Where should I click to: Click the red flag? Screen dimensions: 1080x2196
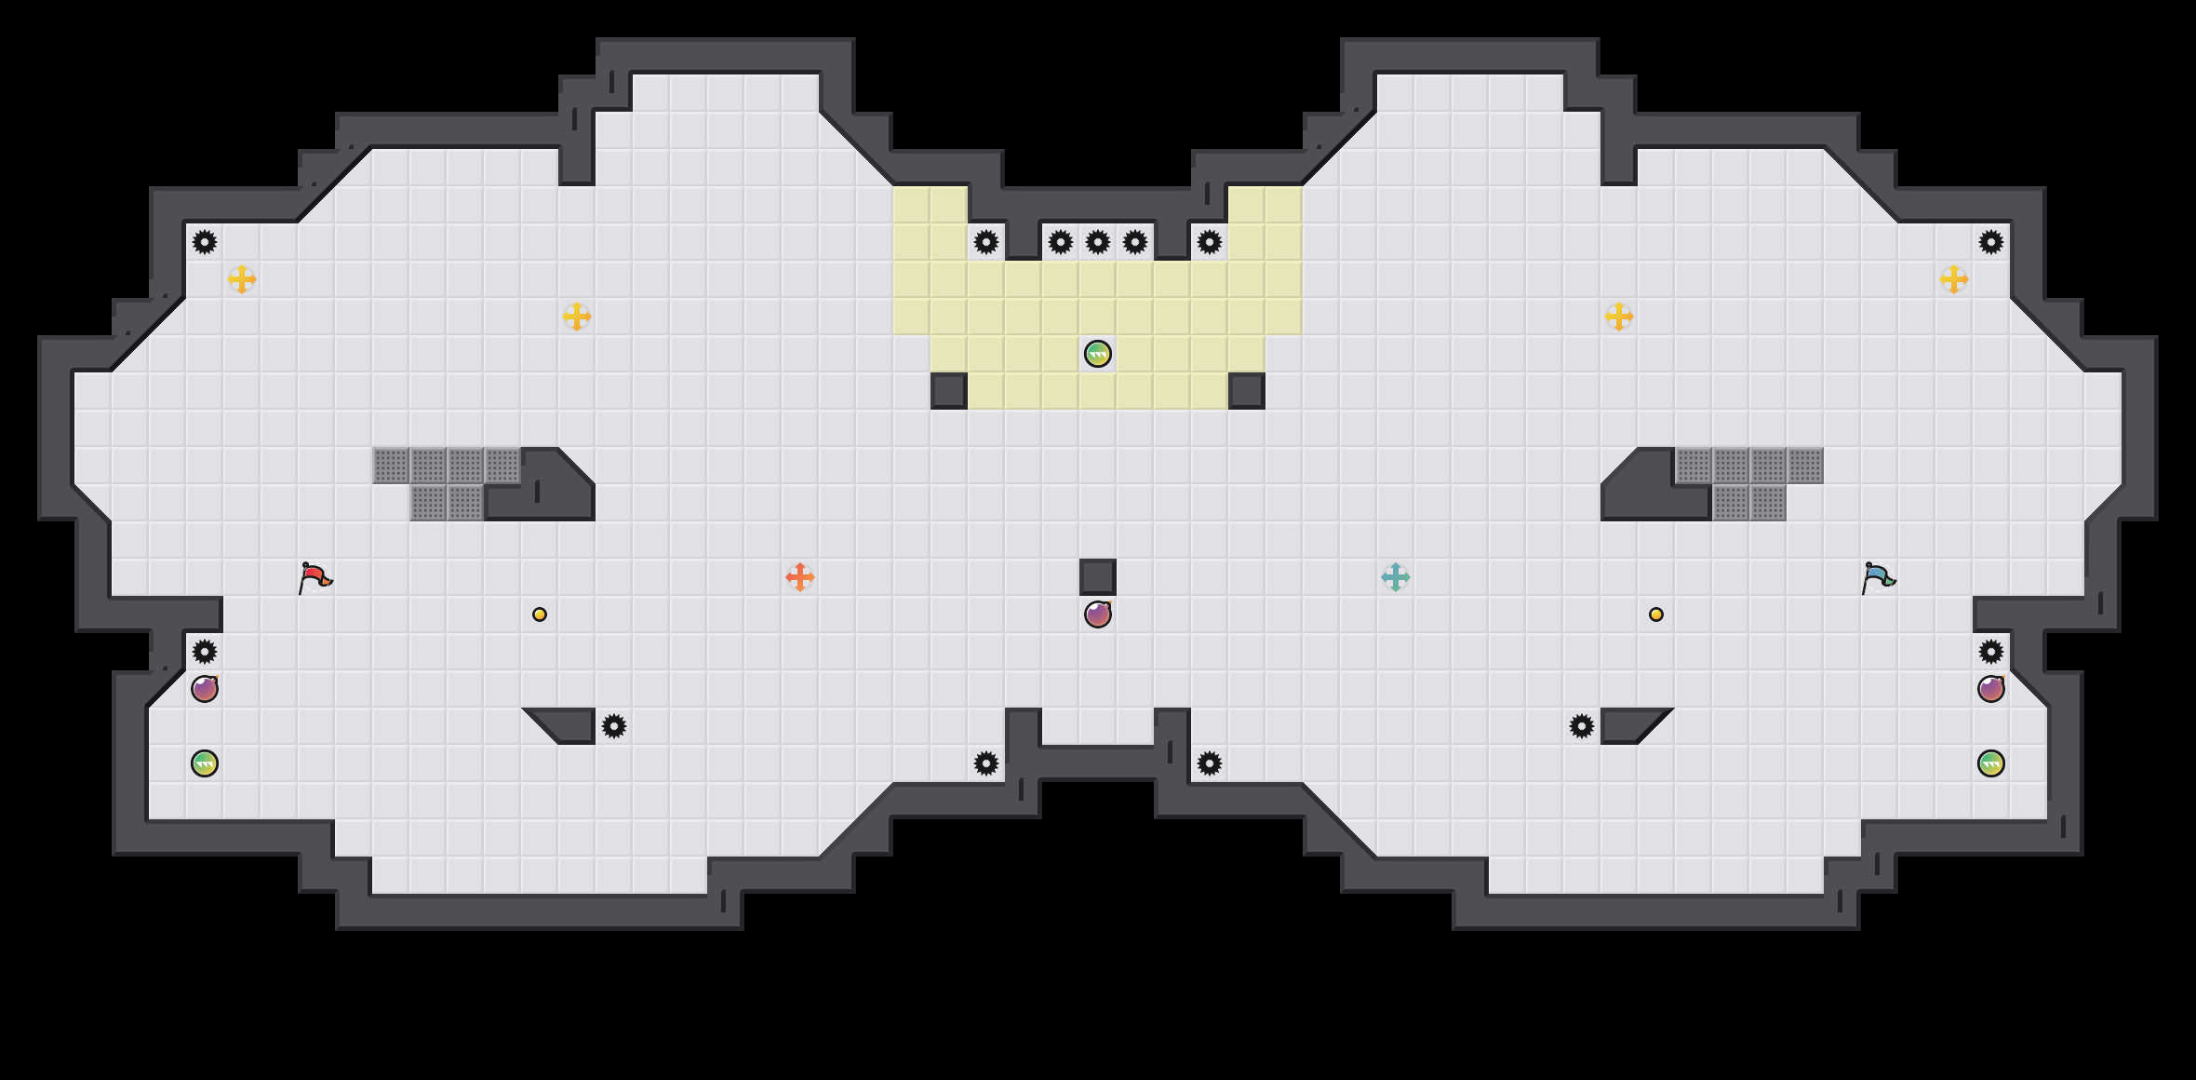[315, 577]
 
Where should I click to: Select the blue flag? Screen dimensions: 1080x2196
[1878, 577]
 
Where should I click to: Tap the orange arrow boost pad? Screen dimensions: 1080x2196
[800, 577]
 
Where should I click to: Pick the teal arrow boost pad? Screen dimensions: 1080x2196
[1396, 577]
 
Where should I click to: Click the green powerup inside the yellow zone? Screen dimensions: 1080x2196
[1098, 354]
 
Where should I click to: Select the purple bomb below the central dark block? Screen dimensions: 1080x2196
[1098, 614]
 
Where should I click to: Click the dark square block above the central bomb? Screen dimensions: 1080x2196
[1098, 577]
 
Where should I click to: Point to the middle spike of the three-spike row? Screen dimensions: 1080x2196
[1098, 242]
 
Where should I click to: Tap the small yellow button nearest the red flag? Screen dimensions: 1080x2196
[540, 614]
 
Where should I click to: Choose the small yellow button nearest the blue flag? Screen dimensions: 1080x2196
[1656, 614]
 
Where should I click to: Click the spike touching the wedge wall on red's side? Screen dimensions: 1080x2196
[614, 726]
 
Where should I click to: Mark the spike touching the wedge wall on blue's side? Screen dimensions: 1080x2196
[1582, 726]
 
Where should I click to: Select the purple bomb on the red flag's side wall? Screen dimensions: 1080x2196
[205, 689]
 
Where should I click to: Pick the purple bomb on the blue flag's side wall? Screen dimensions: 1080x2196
[1991, 689]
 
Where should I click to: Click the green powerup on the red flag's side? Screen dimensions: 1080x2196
[205, 763]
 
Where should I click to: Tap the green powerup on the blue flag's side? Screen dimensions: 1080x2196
[1991, 763]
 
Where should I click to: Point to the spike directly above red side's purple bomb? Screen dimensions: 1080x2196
[205, 652]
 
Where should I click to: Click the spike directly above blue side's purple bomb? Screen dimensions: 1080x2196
[1991, 652]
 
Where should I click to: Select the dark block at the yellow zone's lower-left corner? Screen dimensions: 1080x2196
[949, 391]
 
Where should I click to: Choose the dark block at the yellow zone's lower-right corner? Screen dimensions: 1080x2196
[1247, 391]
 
